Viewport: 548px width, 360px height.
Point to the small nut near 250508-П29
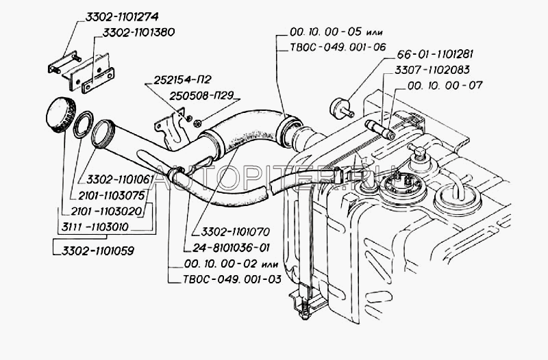click(197, 123)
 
